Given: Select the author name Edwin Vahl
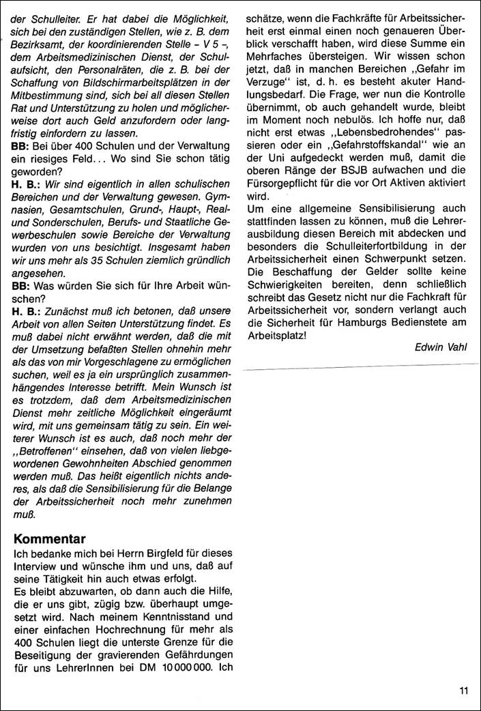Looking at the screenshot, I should (x=442, y=347).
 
